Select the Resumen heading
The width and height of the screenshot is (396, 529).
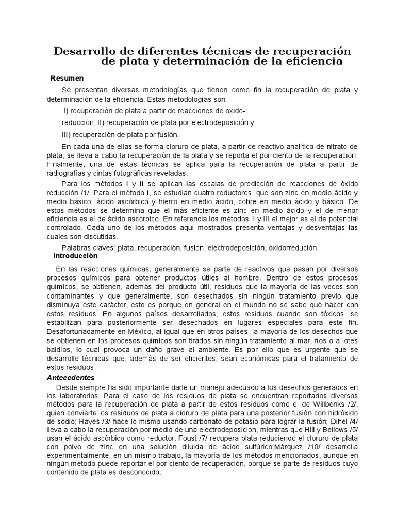(x=67, y=79)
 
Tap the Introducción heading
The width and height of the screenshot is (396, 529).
(x=75, y=256)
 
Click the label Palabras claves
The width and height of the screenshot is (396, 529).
(x=88, y=247)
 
